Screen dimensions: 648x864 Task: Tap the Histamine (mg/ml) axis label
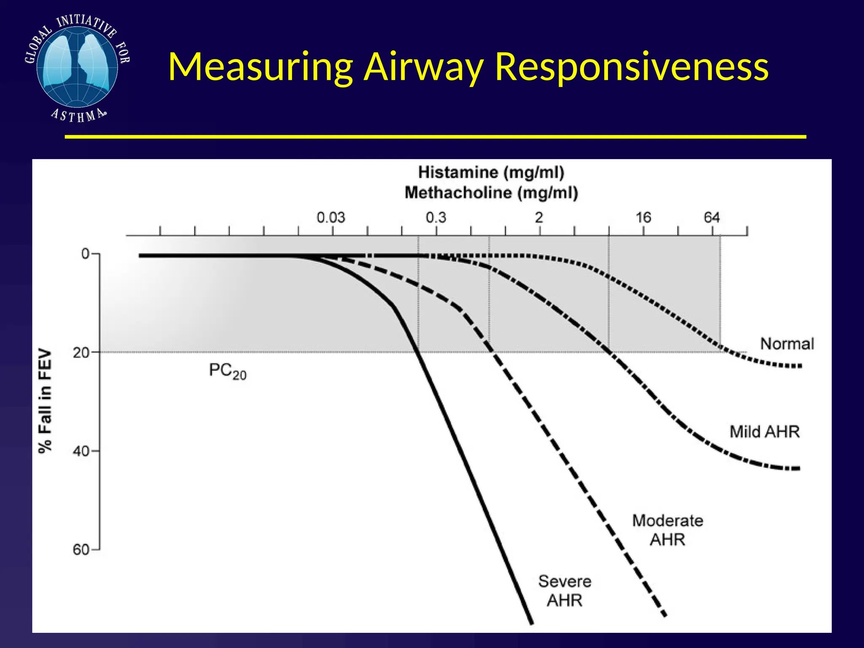(491, 173)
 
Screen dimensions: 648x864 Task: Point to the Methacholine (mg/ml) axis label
(491, 193)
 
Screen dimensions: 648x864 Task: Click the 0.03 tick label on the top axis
(331, 218)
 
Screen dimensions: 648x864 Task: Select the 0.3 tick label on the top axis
(436, 218)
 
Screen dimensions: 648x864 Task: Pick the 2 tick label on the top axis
(539, 218)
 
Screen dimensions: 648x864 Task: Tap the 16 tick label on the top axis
(643, 218)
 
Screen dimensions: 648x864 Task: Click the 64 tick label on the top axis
(712, 218)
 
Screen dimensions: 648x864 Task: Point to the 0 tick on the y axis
(86, 254)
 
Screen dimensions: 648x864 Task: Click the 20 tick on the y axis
(82, 352)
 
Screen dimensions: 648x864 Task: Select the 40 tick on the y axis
(82, 451)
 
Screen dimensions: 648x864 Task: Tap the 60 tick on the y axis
(82, 550)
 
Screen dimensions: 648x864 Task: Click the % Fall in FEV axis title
(45, 401)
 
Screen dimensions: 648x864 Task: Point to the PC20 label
(227, 371)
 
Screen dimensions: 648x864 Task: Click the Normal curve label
(787, 344)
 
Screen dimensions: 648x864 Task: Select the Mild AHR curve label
(764, 432)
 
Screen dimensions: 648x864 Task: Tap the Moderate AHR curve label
(667, 530)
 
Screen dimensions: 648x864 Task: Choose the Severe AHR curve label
(565, 591)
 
